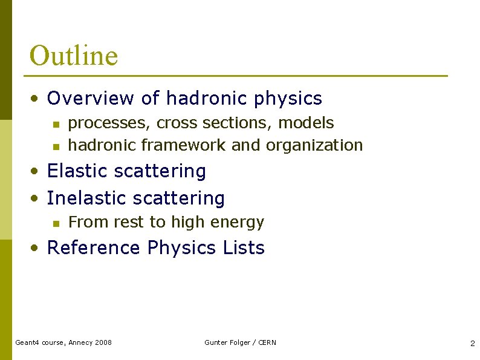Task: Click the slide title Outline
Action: coord(73,56)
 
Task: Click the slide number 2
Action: coord(472,344)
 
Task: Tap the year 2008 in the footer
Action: coord(102,342)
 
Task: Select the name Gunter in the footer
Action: coord(216,342)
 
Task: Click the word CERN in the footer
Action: coord(267,342)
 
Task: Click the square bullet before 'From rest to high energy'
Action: coord(55,224)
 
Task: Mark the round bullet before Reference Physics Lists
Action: coord(37,249)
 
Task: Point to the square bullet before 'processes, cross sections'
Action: coord(55,124)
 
